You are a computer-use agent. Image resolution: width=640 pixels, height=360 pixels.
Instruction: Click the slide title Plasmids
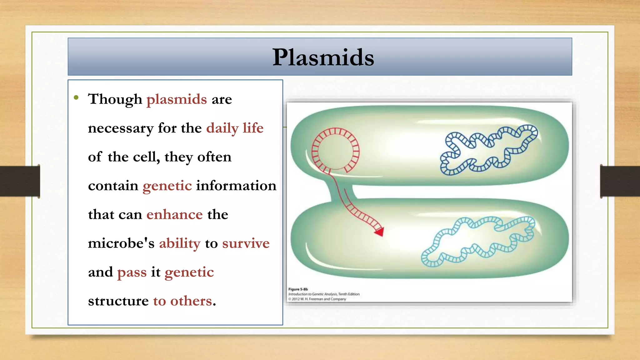click(x=323, y=57)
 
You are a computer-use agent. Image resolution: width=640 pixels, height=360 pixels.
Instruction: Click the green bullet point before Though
click(x=76, y=97)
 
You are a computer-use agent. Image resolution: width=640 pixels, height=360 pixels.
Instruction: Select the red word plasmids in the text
click(x=177, y=99)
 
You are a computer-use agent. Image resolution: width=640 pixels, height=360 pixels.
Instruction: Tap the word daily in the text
click(x=222, y=128)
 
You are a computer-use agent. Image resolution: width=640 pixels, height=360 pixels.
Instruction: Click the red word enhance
click(x=174, y=215)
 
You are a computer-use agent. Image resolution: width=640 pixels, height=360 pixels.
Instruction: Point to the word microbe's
click(x=121, y=243)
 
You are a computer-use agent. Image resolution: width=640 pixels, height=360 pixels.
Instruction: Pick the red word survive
click(x=246, y=243)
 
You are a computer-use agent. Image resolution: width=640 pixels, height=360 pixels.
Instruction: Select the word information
click(x=236, y=186)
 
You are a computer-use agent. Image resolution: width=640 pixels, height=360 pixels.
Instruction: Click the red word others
click(x=191, y=301)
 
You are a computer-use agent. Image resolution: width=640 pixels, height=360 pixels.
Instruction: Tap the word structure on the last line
click(x=118, y=301)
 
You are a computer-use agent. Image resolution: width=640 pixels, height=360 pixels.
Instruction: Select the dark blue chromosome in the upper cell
click(x=487, y=150)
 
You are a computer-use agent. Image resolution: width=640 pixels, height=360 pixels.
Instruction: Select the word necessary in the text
click(x=121, y=128)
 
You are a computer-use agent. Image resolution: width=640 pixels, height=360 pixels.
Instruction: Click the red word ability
click(x=180, y=243)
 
